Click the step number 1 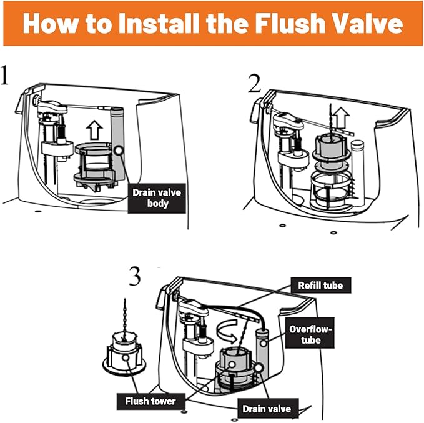pos(6,76)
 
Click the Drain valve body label pos(156,197)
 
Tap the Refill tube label pos(320,286)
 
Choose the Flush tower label pos(150,401)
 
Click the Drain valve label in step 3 pos(265,408)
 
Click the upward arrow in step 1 pos(94,130)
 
